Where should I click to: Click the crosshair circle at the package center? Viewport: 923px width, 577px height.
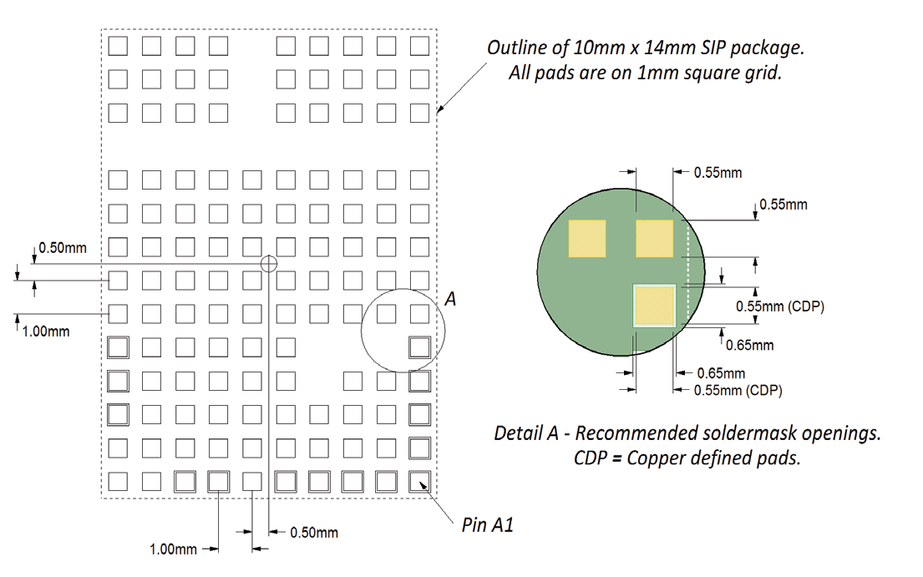(268, 264)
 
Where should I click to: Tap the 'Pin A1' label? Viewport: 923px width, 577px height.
(488, 524)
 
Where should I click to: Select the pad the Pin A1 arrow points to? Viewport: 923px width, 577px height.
(419, 482)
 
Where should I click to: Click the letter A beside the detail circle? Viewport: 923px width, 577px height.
(450, 300)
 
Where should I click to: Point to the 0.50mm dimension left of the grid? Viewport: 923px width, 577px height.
(63, 248)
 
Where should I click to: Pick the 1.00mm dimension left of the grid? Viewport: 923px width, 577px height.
(46, 332)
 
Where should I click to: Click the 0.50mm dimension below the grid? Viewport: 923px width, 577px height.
(314, 533)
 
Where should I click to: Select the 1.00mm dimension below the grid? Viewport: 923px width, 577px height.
(173, 549)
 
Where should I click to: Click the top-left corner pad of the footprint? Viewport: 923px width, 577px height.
(118, 46)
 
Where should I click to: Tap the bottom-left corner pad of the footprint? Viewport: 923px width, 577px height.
(118, 482)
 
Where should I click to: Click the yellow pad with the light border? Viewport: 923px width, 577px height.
(655, 306)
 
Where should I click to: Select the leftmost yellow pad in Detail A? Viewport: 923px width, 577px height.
(587, 238)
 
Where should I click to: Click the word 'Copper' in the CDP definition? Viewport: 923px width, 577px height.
(653, 458)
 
